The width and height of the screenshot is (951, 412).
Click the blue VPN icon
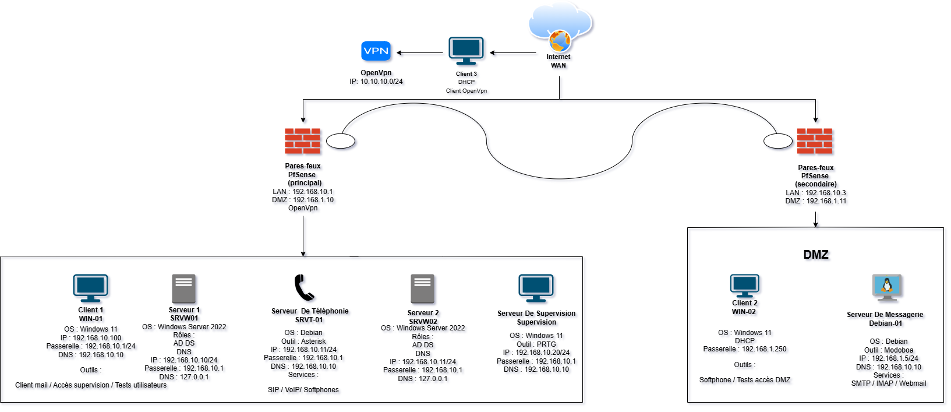[376, 51]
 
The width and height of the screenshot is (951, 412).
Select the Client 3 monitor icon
[466, 51]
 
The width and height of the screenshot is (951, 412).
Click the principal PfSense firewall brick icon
[302, 141]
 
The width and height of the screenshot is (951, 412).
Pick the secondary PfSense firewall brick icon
[815, 142]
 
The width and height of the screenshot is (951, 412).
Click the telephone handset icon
[304, 287]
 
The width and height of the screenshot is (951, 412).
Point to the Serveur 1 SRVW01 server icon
[183, 289]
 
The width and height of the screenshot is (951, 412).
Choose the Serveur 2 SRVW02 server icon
[422, 289]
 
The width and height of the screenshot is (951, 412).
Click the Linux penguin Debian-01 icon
[887, 287]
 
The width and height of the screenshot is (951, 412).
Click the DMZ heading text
[815, 255]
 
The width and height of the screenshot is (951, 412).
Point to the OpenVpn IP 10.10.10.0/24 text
[376, 82]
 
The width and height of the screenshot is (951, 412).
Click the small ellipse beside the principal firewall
[341, 141]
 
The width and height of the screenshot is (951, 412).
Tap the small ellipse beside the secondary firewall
[777, 141]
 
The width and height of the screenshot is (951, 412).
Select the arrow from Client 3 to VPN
[420, 53]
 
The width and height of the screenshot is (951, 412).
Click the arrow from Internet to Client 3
[513, 53]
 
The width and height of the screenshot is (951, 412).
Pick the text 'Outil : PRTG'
[536, 344]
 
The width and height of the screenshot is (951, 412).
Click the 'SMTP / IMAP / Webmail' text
[888, 383]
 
